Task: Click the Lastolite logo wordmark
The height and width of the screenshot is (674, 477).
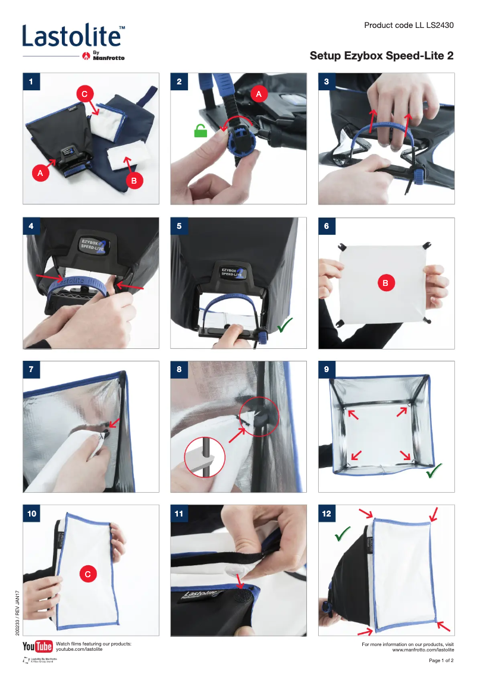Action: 73,36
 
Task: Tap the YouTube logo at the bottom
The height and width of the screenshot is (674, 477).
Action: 37,647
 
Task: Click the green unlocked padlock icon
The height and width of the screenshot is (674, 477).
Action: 200,131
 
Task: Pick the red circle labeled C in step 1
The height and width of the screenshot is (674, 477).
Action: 85,93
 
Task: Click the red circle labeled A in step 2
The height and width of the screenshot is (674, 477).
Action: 258,94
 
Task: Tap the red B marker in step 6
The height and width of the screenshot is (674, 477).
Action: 385,284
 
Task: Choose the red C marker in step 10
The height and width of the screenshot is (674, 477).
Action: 88,574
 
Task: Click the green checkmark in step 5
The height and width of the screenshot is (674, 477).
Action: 285,325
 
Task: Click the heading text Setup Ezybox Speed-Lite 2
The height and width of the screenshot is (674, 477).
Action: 381,56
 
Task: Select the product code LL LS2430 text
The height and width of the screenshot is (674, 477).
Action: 409,26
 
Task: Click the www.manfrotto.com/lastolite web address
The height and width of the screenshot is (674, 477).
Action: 423,650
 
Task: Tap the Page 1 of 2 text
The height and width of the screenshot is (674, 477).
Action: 441,661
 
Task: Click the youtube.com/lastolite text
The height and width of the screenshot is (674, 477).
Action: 79,650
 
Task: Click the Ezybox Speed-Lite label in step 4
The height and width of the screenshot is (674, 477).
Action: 92,244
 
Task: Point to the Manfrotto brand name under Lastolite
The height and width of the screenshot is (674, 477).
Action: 108,57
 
